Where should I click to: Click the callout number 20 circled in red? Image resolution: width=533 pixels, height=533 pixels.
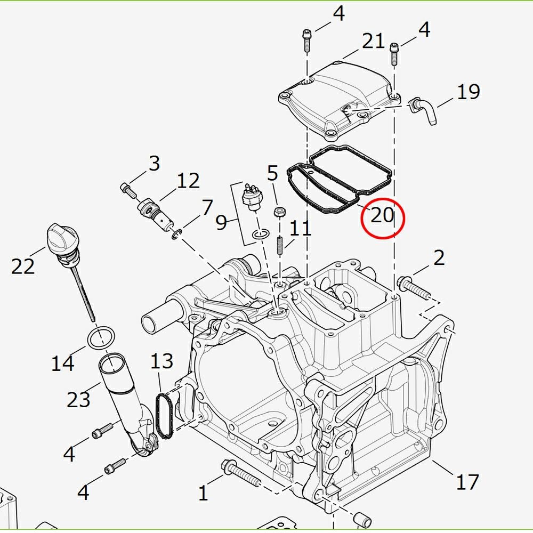pos(382,215)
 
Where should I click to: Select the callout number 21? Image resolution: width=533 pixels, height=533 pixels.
pos(373,41)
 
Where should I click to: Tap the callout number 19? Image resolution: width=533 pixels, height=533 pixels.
pos(468,92)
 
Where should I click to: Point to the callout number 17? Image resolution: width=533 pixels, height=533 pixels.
pos(467,482)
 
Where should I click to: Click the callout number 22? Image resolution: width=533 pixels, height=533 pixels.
pos(23,266)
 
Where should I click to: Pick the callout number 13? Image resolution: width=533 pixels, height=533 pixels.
pos(162,361)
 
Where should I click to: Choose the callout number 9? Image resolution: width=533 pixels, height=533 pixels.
pos(221,223)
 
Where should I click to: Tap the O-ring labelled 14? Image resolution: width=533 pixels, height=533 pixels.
pos(101,337)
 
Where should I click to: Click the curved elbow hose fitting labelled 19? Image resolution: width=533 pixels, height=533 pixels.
pos(423,110)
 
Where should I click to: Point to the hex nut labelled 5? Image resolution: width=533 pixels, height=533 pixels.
pos(279,212)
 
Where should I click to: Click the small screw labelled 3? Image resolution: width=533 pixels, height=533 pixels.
pos(128,191)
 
